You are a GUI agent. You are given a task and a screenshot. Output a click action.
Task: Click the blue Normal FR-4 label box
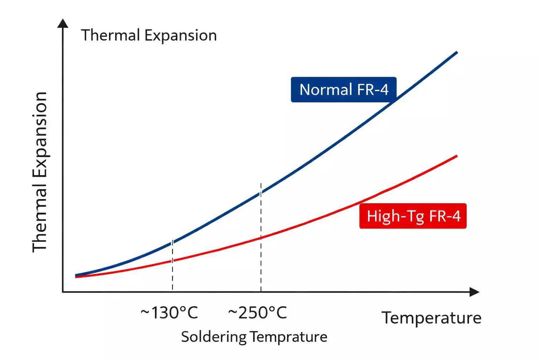pos(344,89)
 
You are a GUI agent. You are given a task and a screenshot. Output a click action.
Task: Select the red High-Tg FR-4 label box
pos(413,216)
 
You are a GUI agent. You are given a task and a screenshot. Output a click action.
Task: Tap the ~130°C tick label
pos(169,313)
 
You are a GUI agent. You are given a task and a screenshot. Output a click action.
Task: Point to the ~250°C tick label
pos(258,313)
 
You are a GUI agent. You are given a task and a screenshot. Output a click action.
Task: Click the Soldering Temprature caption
pos(254,337)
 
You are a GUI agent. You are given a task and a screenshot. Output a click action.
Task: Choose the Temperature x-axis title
pos(432,318)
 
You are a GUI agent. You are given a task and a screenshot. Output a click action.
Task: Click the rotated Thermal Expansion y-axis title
pos(40,172)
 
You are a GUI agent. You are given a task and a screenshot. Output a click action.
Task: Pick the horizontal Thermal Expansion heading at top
pos(149,35)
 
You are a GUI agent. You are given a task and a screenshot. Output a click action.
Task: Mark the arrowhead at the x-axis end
pos(475,292)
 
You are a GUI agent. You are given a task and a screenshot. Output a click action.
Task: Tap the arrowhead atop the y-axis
pos(63,23)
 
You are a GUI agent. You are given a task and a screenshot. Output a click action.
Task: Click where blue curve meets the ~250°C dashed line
pos(261,193)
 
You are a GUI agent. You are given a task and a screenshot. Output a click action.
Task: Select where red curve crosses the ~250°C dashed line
pos(261,238)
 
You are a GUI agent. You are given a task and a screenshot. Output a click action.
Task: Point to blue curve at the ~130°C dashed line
pos(172,243)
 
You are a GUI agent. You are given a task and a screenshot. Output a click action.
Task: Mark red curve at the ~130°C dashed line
pos(172,261)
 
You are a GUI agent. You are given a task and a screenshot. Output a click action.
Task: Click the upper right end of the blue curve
pos(457,53)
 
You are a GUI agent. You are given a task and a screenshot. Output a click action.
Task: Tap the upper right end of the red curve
pos(457,156)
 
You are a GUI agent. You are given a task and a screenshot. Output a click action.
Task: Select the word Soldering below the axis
pos(214,337)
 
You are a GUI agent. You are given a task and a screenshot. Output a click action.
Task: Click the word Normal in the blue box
pos(326,89)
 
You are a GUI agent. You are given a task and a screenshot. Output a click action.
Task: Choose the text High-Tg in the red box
pos(395,216)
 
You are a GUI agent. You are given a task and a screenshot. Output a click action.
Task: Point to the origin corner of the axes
pos(63,292)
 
